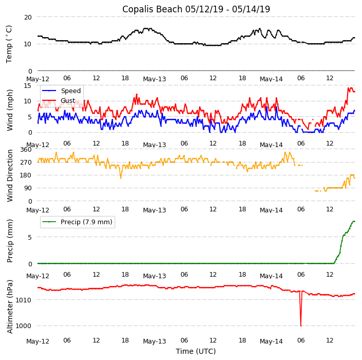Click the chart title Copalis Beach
(x=196, y=9)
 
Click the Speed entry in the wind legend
(x=70, y=91)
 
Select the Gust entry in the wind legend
(x=68, y=101)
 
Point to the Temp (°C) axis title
(x=9, y=44)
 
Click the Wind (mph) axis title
(x=10, y=110)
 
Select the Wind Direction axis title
(x=10, y=175)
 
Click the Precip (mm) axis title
(x=10, y=241)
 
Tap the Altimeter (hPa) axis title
(x=10, y=307)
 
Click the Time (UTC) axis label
(x=196, y=351)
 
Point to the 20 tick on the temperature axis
(x=28, y=17)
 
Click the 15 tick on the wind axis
(x=28, y=85)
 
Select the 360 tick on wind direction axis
(x=26, y=149)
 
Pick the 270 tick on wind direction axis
(x=26, y=162)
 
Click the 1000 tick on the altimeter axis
(x=24, y=326)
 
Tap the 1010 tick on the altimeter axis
(x=24, y=300)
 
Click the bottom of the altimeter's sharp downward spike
(x=301, y=326)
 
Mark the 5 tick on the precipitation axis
(x=30, y=238)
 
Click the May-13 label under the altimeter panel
(x=154, y=341)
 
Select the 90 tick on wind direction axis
(x=28, y=188)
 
